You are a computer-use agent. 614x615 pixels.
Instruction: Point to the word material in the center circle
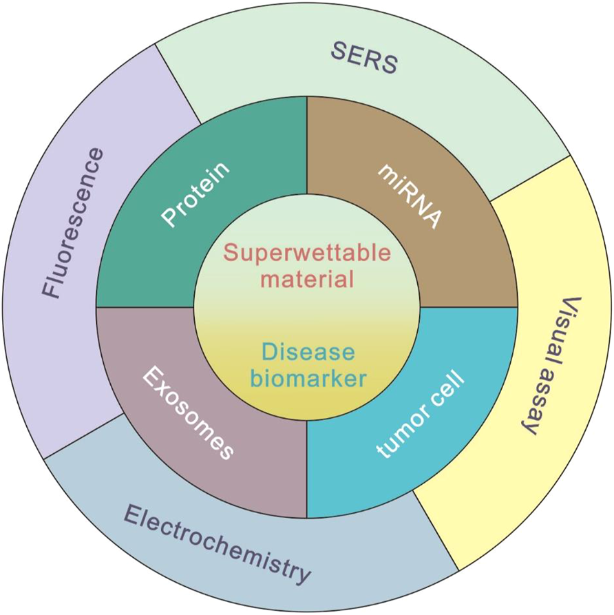pos(307,279)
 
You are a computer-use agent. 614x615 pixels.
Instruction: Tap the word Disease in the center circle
pos(307,353)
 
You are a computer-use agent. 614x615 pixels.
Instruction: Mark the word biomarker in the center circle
pos(307,378)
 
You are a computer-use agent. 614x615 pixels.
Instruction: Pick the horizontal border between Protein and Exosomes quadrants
pos(145,307)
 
